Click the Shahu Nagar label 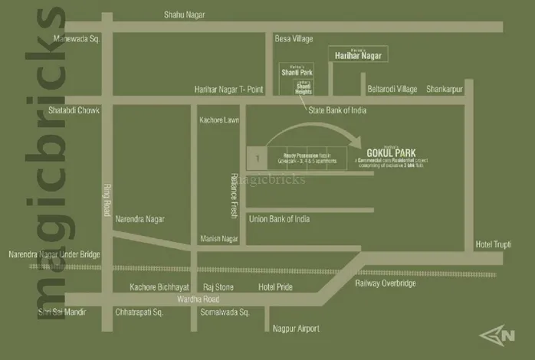click(188, 15)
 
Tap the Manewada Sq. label click(77, 38)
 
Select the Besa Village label click(294, 38)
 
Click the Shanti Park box click(293, 71)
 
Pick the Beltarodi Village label click(392, 89)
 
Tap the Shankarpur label click(445, 89)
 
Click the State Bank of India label click(337, 110)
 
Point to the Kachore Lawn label click(219, 120)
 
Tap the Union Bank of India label click(280, 219)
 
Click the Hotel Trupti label click(494, 244)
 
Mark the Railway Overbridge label click(386, 283)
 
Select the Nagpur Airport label click(297, 329)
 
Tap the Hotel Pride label click(277, 286)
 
